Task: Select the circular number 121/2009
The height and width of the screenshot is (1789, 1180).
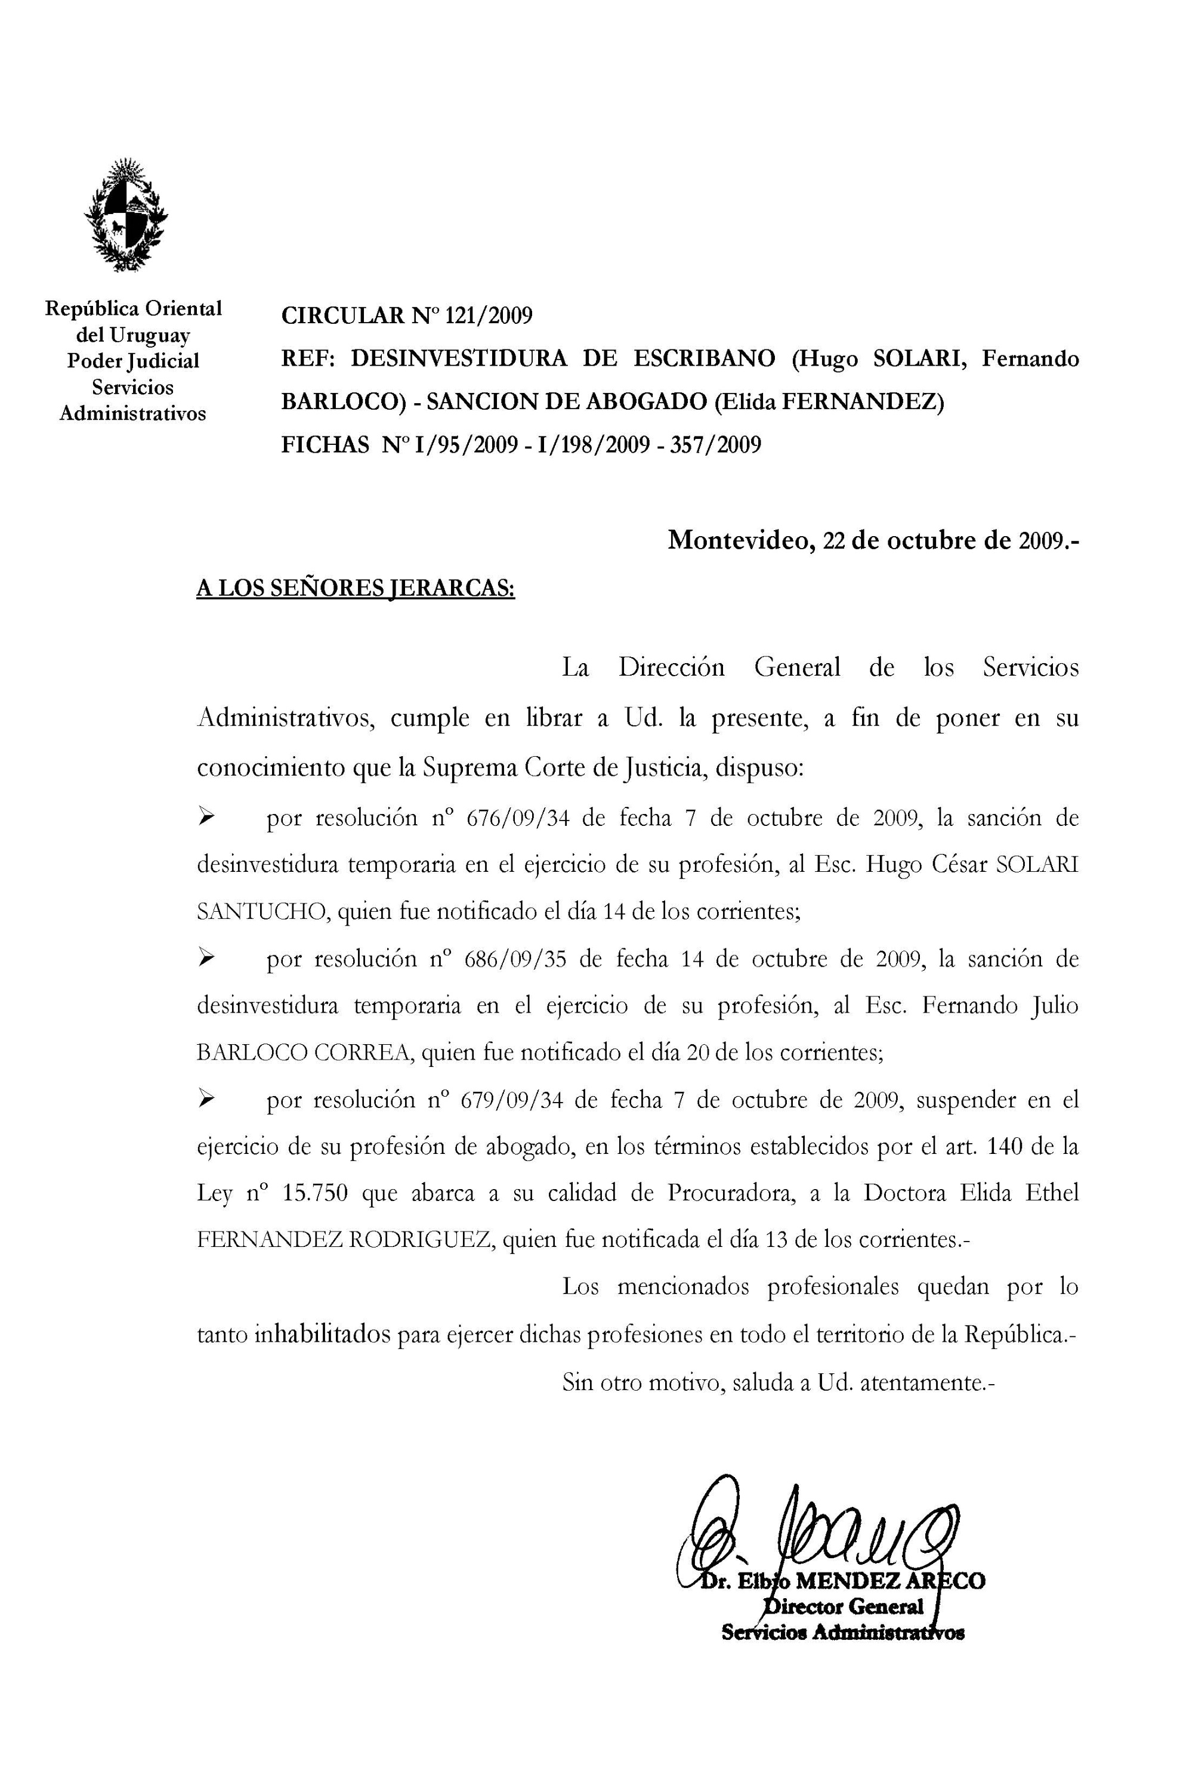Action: click(489, 315)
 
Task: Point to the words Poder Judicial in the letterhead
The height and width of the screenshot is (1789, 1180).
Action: click(133, 361)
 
